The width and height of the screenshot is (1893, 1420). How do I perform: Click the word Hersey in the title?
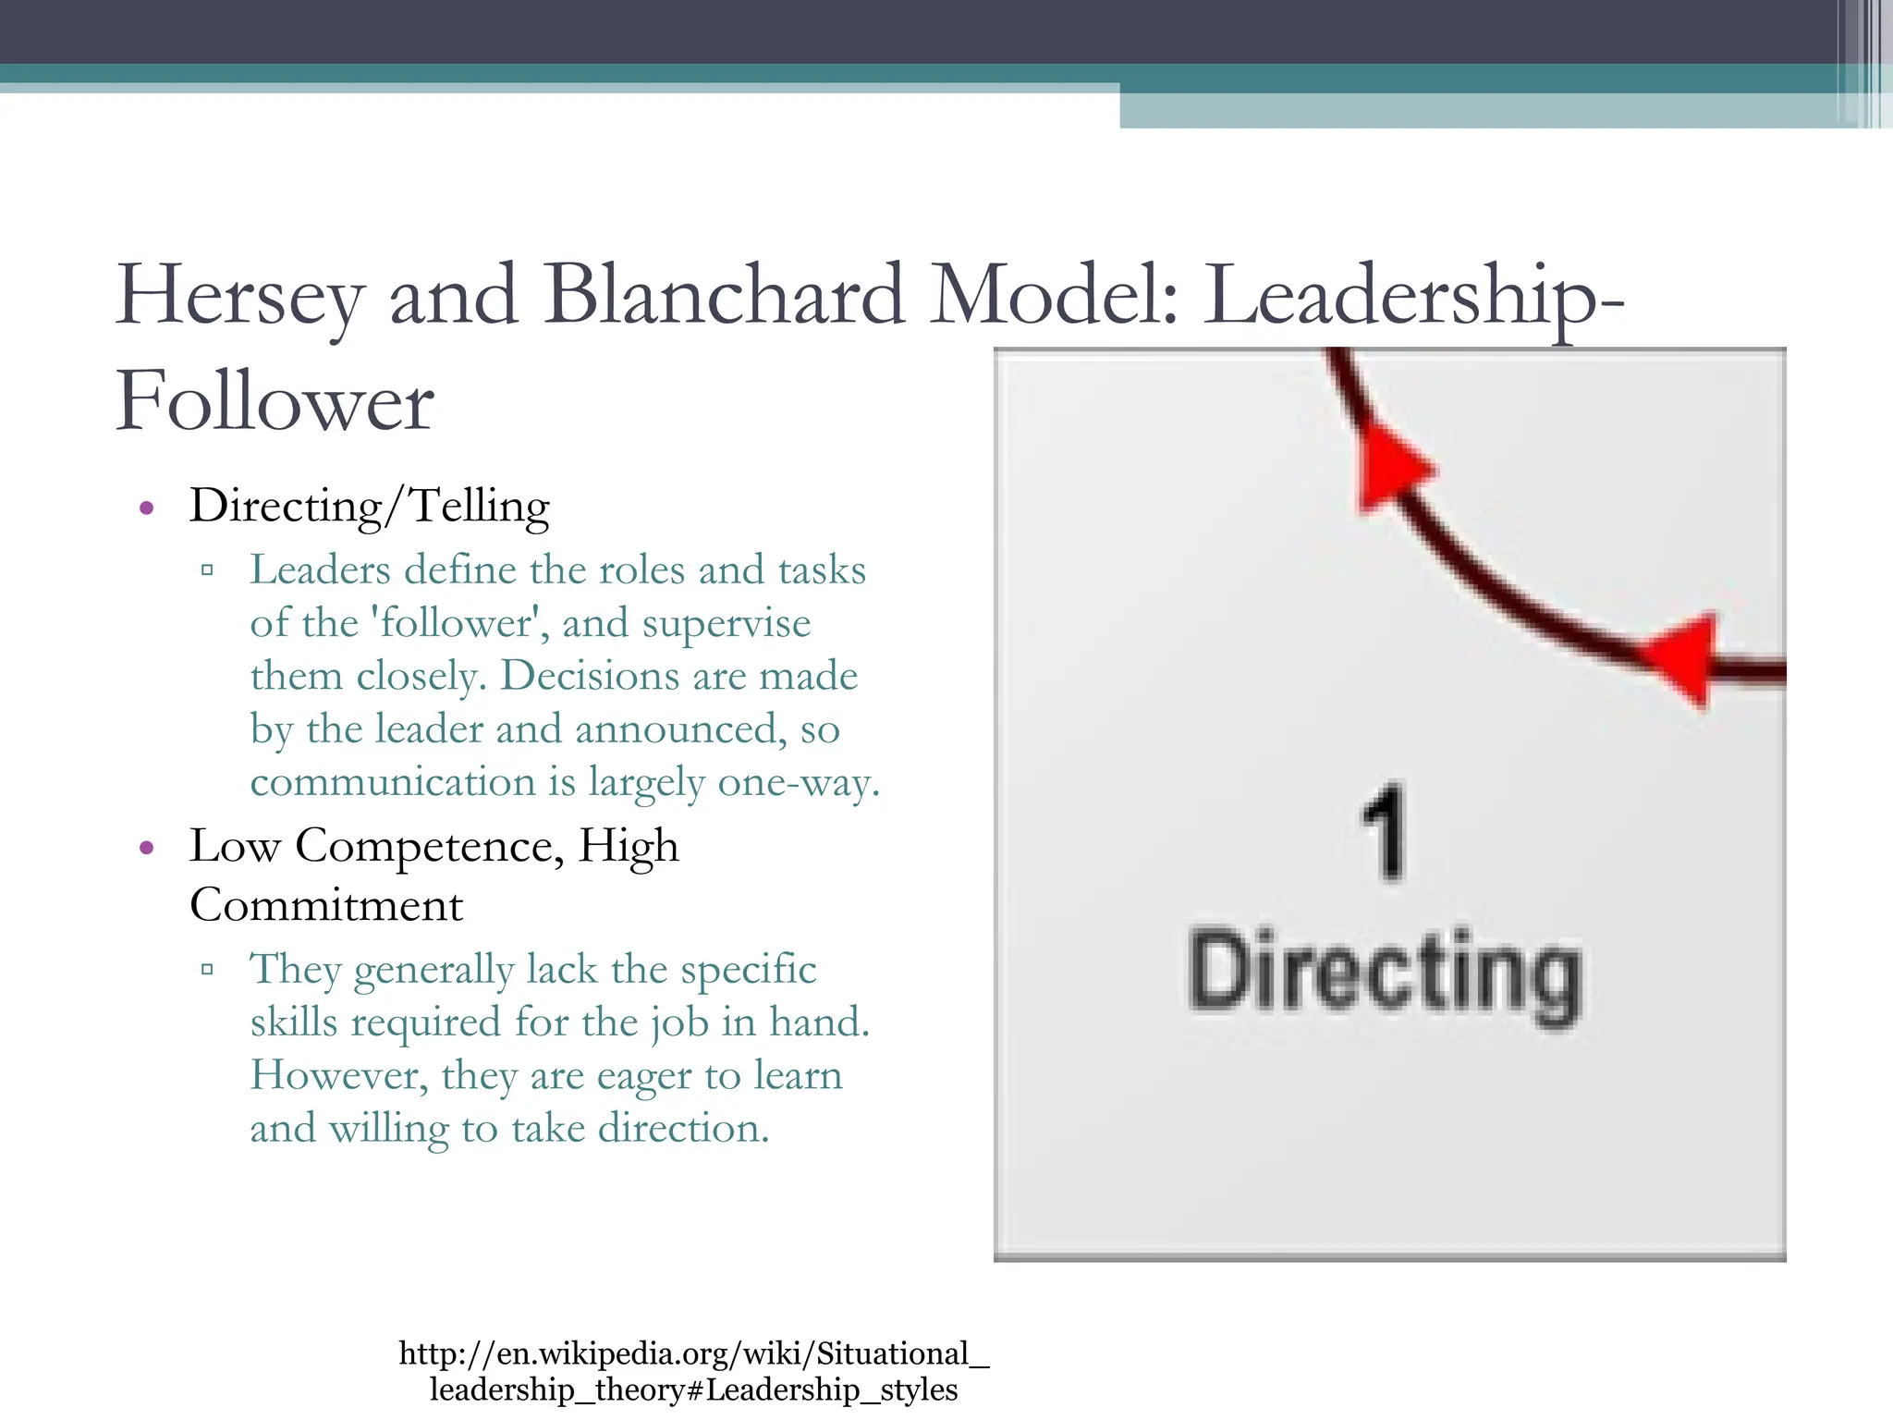[238, 296]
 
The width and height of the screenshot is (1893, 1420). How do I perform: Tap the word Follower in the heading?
[275, 401]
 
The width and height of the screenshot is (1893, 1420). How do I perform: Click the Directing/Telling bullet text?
[369, 506]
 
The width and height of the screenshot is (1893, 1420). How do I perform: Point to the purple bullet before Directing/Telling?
[146, 508]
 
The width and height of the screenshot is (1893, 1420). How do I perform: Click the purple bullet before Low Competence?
[146, 848]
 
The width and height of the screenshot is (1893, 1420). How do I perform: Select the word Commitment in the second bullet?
[326, 905]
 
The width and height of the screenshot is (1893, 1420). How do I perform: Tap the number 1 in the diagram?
[1384, 833]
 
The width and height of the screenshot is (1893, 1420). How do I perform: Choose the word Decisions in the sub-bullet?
[589, 676]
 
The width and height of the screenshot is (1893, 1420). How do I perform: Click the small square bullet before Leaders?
[207, 570]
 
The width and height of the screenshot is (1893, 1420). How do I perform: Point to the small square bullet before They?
[207, 970]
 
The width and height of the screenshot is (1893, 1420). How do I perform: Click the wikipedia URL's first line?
[693, 1353]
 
